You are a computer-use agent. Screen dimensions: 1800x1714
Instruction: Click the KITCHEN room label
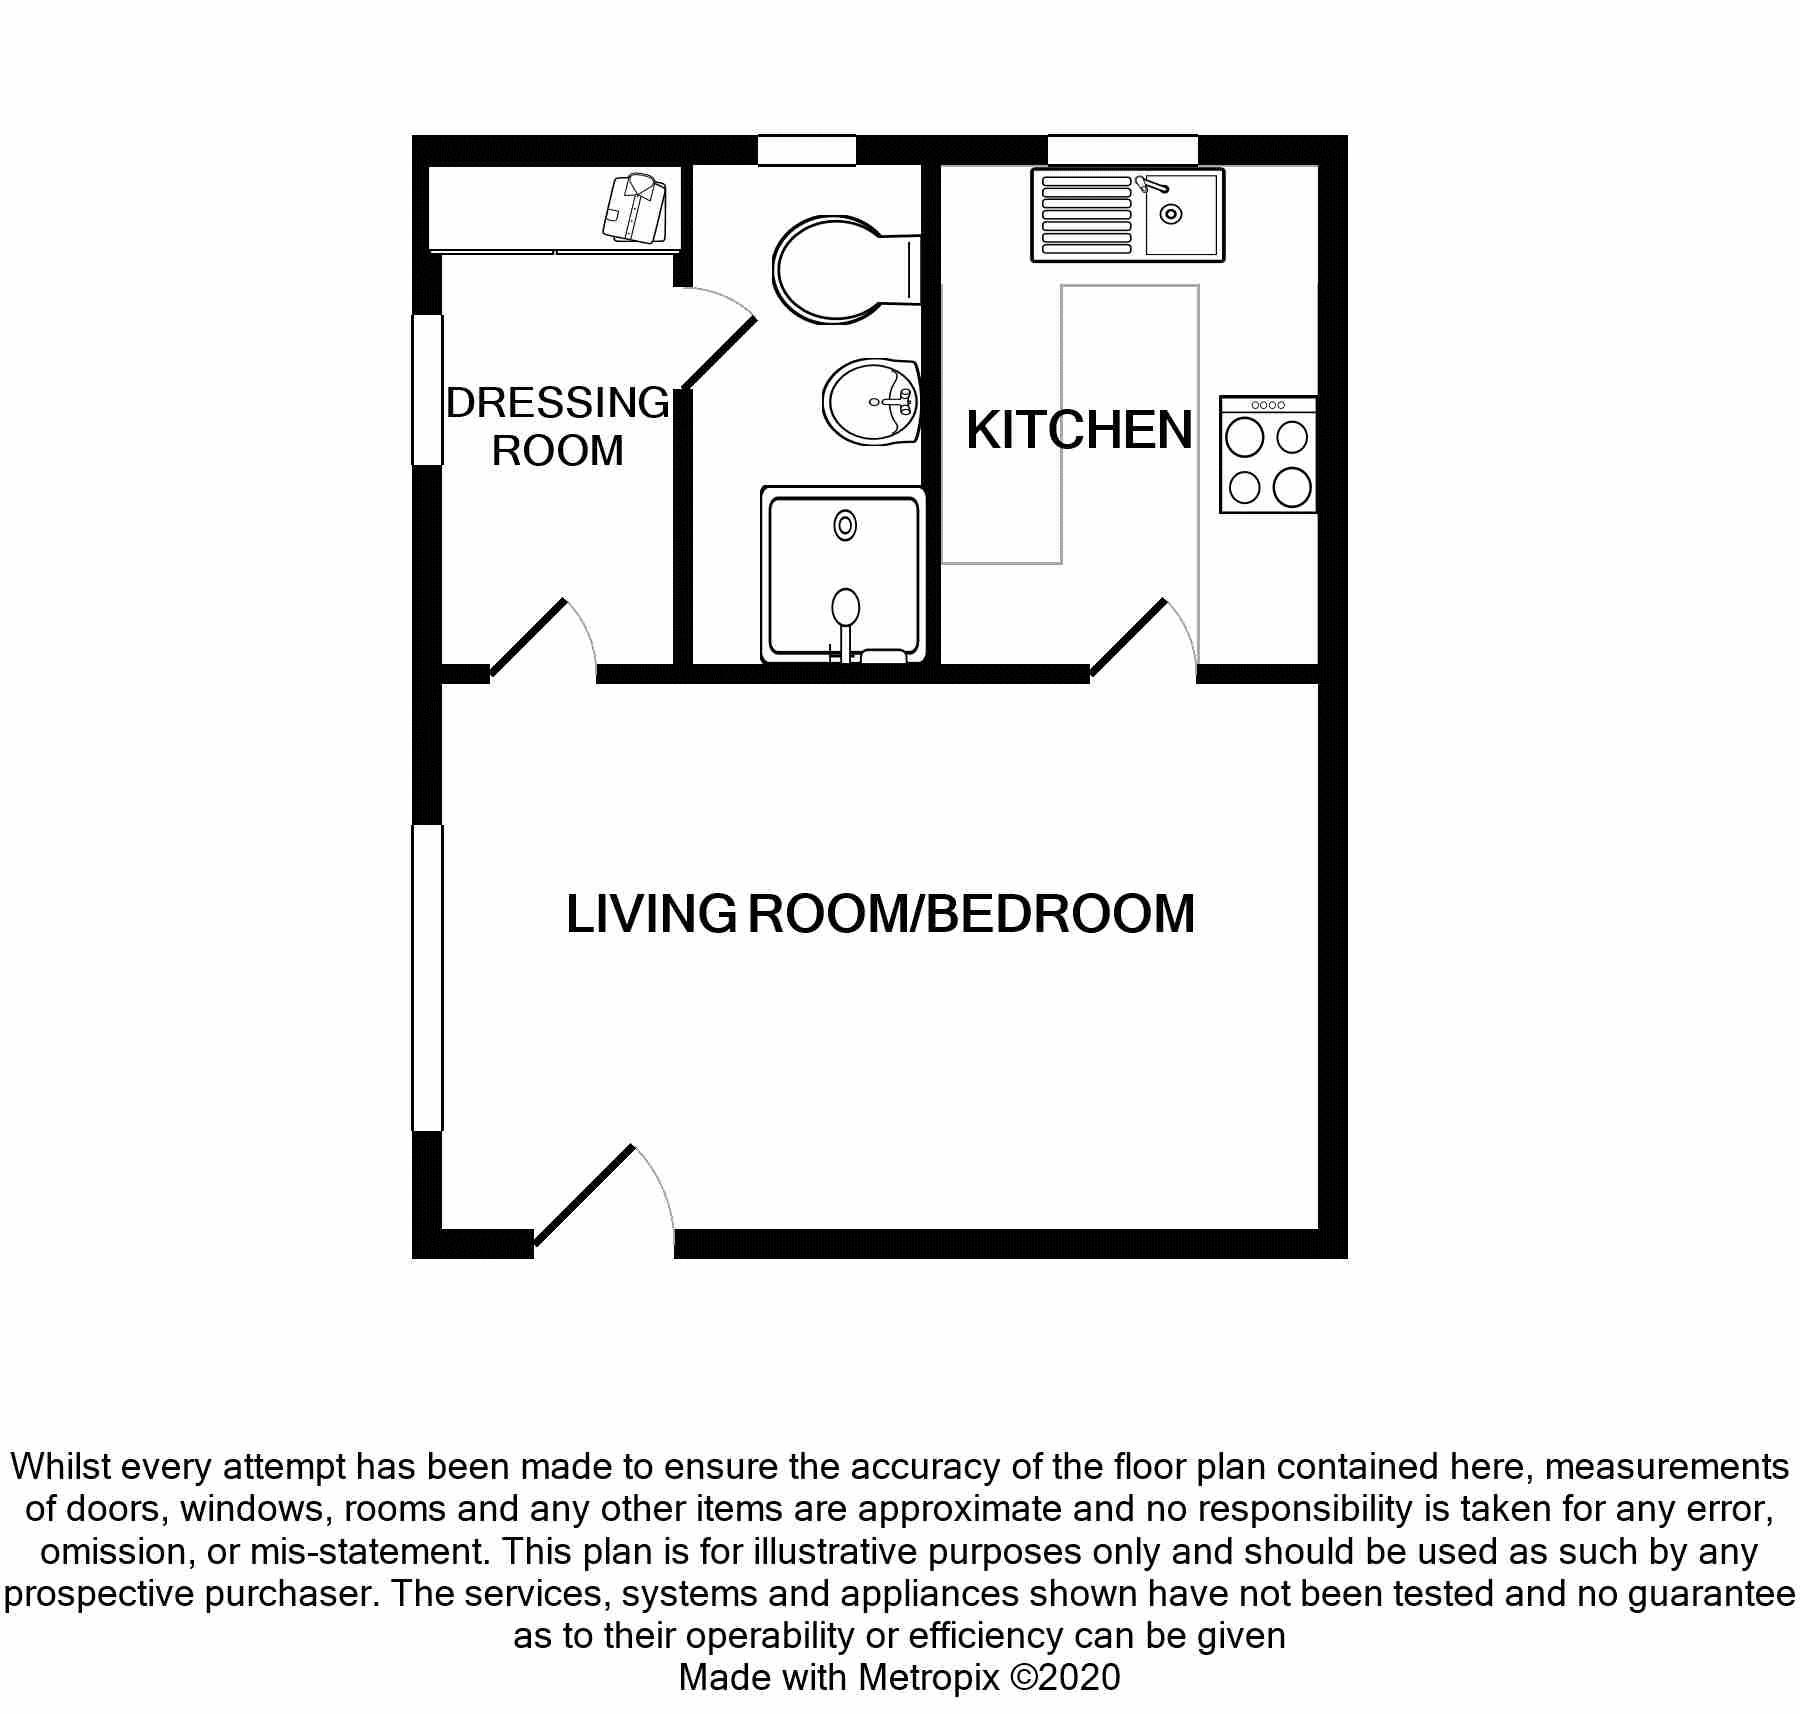[1079, 430]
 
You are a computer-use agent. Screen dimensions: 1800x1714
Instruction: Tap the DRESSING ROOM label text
[557, 427]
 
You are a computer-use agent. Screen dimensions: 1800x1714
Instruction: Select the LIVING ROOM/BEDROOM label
[880, 913]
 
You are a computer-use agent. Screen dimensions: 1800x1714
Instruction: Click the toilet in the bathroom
[846, 270]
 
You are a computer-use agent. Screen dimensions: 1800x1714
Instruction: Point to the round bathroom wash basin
[870, 402]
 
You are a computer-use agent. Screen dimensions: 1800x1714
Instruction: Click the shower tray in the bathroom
[843, 575]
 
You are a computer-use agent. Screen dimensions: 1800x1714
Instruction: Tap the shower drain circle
[846, 525]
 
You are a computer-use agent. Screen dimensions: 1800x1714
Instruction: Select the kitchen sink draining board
[1086, 215]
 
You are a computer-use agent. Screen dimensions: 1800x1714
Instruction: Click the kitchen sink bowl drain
[1170, 214]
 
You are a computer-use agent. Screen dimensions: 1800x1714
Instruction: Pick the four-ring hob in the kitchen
[1268, 455]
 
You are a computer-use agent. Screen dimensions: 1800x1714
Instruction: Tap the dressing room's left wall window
[428, 390]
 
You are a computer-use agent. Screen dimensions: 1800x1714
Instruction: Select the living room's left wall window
[428, 978]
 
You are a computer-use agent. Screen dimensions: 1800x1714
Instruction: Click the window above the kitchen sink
[1123, 150]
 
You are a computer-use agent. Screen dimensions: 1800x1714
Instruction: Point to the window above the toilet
[807, 150]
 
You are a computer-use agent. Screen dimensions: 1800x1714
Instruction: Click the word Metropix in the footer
[928, 1677]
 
